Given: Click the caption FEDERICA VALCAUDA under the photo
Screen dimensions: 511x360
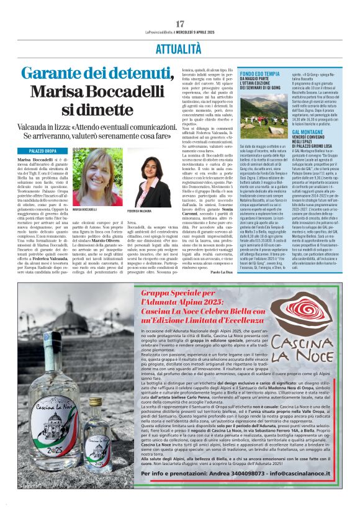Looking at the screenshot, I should pyautogui.click(x=140, y=211).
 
